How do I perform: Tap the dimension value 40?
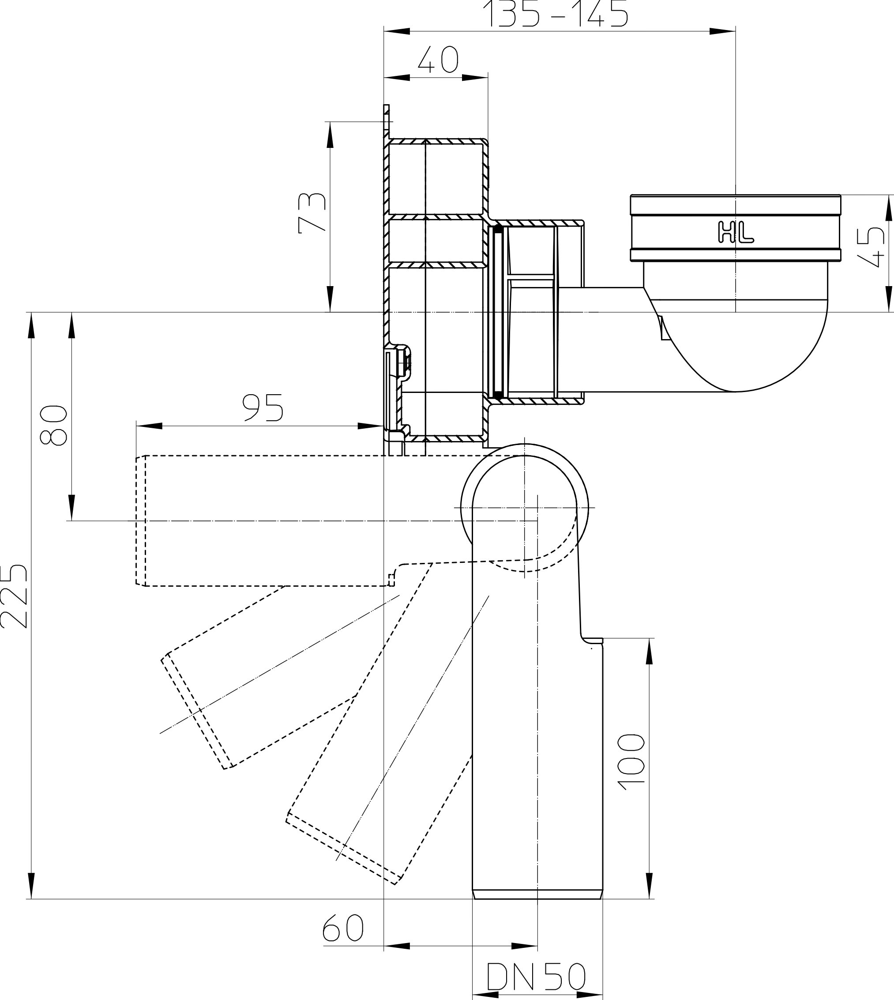point(438,60)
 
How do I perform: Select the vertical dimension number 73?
point(312,213)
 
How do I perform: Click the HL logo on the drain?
point(735,232)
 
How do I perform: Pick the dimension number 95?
point(263,408)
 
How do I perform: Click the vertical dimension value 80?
point(53,426)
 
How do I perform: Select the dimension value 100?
point(631,762)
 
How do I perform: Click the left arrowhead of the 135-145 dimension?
point(396,31)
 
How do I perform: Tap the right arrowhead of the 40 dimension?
point(475,78)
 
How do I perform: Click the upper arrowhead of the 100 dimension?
point(650,651)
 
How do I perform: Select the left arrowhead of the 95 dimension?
point(149,426)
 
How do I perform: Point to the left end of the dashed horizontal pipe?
point(136,521)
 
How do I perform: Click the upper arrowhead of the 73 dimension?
point(330,135)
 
